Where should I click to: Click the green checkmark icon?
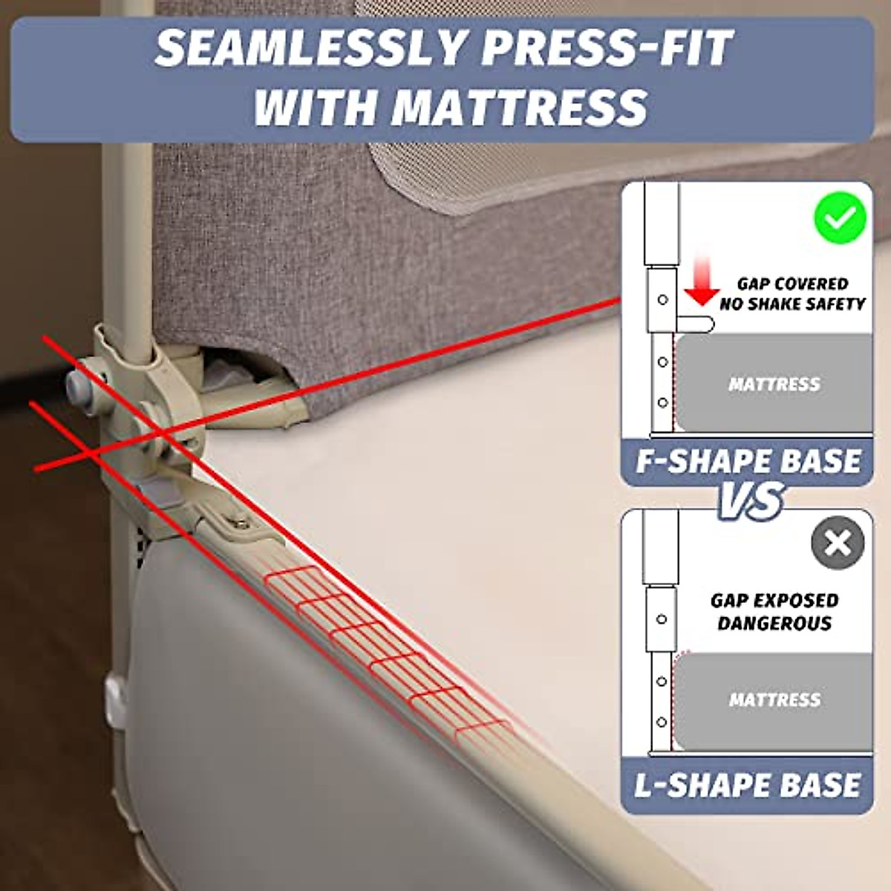pyautogui.click(x=840, y=218)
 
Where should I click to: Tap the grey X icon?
pyautogui.click(x=838, y=543)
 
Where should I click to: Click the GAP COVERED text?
pyautogui.click(x=792, y=284)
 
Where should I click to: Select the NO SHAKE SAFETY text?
pyautogui.click(x=792, y=304)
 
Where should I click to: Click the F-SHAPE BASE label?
pyautogui.click(x=748, y=461)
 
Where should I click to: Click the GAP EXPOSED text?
pyautogui.click(x=774, y=600)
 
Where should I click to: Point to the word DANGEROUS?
pyautogui.click(x=774, y=623)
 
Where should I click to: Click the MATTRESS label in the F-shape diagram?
pyautogui.click(x=774, y=384)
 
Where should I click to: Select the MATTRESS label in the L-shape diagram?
pyautogui.click(x=774, y=699)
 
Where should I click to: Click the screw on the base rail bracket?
pyautogui.click(x=240, y=524)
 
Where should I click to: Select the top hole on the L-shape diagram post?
pyautogui.click(x=661, y=619)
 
